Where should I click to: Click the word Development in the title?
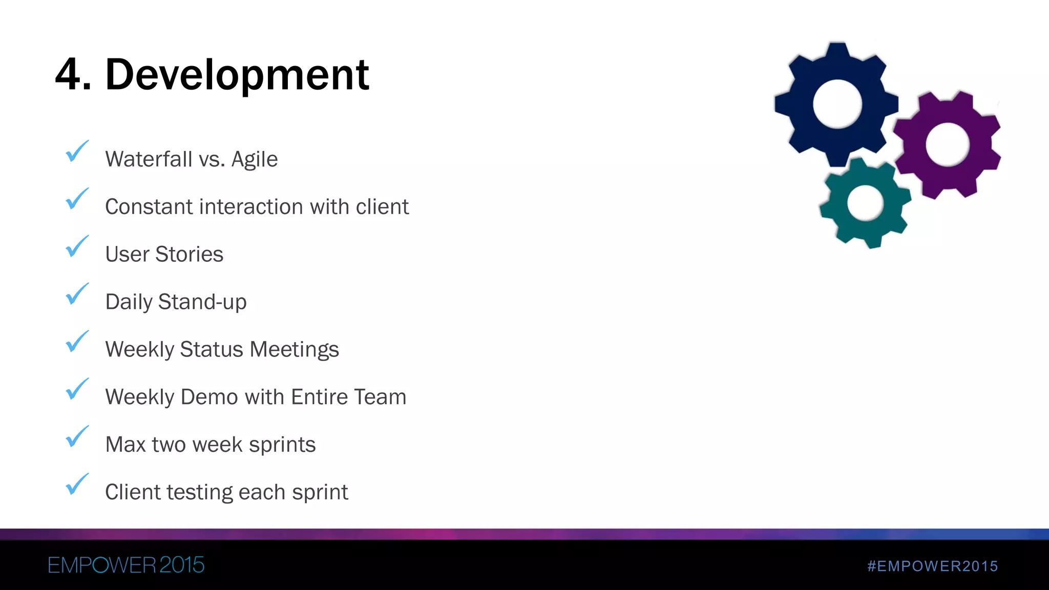tap(237, 75)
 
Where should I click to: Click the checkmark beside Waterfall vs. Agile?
tap(77, 152)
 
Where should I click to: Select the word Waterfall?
tap(149, 159)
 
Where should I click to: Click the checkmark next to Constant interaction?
tap(77, 199)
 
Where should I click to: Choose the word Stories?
tap(189, 255)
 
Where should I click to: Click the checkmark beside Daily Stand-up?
tap(77, 294)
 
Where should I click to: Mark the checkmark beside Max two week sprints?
tap(77, 437)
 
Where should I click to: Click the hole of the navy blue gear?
tap(837, 104)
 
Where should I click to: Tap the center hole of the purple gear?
tap(947, 144)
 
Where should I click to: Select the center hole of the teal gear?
tap(865, 203)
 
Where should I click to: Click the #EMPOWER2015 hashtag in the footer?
tap(933, 566)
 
